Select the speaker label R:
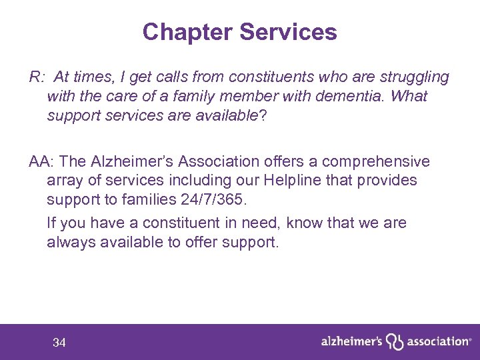point(37,77)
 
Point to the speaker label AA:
point(42,161)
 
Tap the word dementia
point(352,96)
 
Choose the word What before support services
point(409,96)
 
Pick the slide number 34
point(59,343)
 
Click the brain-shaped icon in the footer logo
point(395,342)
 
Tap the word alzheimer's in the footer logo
point(351,341)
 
